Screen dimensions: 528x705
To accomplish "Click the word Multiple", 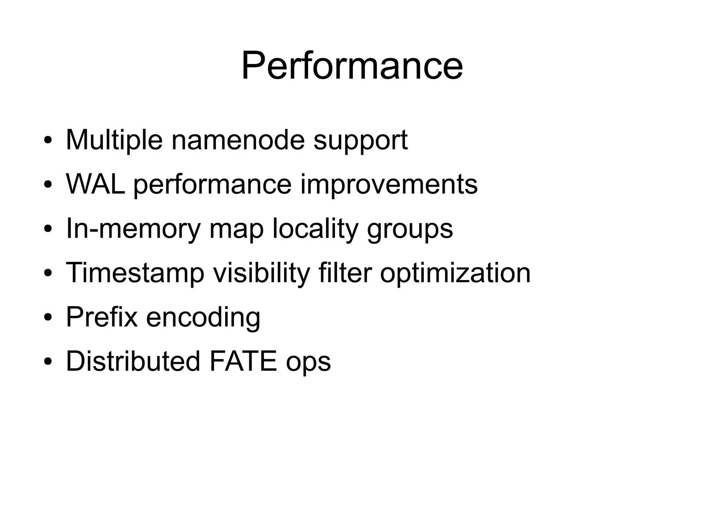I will click(x=114, y=140).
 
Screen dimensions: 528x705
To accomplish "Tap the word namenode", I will click(x=238, y=140).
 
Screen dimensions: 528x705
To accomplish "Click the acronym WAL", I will click(x=95, y=184).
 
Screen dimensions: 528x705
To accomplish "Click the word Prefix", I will click(x=102, y=317).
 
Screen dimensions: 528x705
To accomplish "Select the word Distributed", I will click(x=133, y=361).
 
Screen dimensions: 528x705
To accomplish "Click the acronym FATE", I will click(x=243, y=361).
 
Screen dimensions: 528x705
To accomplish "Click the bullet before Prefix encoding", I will click(x=48, y=317).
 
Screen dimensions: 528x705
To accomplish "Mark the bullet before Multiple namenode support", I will click(x=48, y=140).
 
